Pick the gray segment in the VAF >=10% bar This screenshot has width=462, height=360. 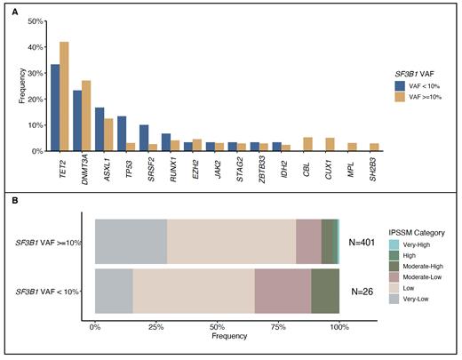click(131, 240)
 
